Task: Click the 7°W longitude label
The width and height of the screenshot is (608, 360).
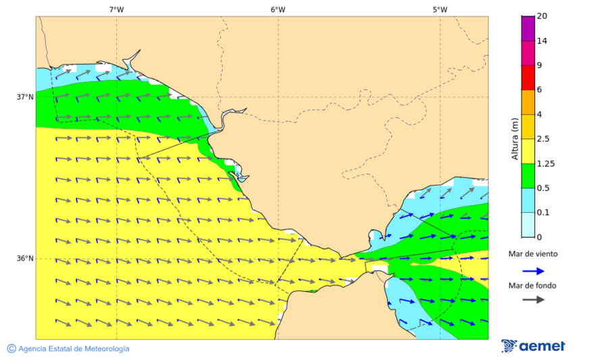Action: point(116,9)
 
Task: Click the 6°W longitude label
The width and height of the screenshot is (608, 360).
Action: point(278,9)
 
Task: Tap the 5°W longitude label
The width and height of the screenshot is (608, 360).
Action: point(440,9)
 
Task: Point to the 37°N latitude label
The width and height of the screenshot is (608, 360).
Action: point(25,97)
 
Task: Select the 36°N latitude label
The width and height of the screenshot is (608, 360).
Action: point(25,258)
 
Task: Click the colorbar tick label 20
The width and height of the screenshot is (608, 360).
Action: point(541,16)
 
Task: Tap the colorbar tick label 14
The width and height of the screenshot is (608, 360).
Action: point(541,41)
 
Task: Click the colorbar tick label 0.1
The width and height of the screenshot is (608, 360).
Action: point(542,213)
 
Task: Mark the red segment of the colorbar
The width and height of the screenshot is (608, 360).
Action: point(528,77)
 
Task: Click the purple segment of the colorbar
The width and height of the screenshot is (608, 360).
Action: point(528,28)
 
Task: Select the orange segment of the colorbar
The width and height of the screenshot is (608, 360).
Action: point(528,101)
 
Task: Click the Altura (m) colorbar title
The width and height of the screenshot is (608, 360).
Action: point(515,138)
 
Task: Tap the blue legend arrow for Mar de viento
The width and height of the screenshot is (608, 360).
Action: point(533,271)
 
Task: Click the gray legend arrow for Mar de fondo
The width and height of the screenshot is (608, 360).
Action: point(533,299)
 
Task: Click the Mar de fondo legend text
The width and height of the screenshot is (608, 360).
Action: point(533,286)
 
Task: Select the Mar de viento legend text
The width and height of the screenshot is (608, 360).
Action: point(533,254)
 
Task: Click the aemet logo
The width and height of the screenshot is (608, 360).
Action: point(533,346)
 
